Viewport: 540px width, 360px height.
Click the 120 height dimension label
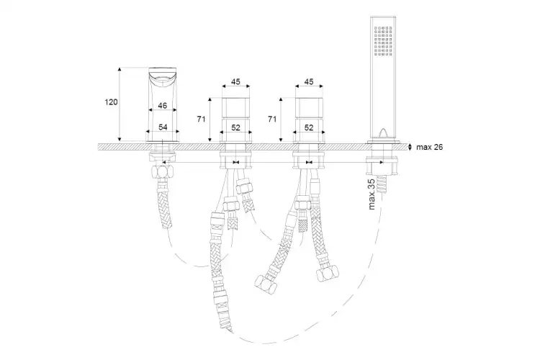(111, 102)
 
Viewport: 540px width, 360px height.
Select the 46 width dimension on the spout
(163, 105)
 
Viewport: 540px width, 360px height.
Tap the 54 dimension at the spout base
(163, 127)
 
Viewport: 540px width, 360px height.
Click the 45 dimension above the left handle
(235, 81)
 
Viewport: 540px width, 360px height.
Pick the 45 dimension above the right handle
(310, 81)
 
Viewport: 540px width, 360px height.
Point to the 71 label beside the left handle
(201, 120)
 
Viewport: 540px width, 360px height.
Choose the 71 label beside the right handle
(272, 120)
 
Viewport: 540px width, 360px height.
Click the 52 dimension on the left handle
(235, 128)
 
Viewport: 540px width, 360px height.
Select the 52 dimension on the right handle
(310, 128)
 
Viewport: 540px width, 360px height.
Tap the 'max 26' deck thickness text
(429, 147)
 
